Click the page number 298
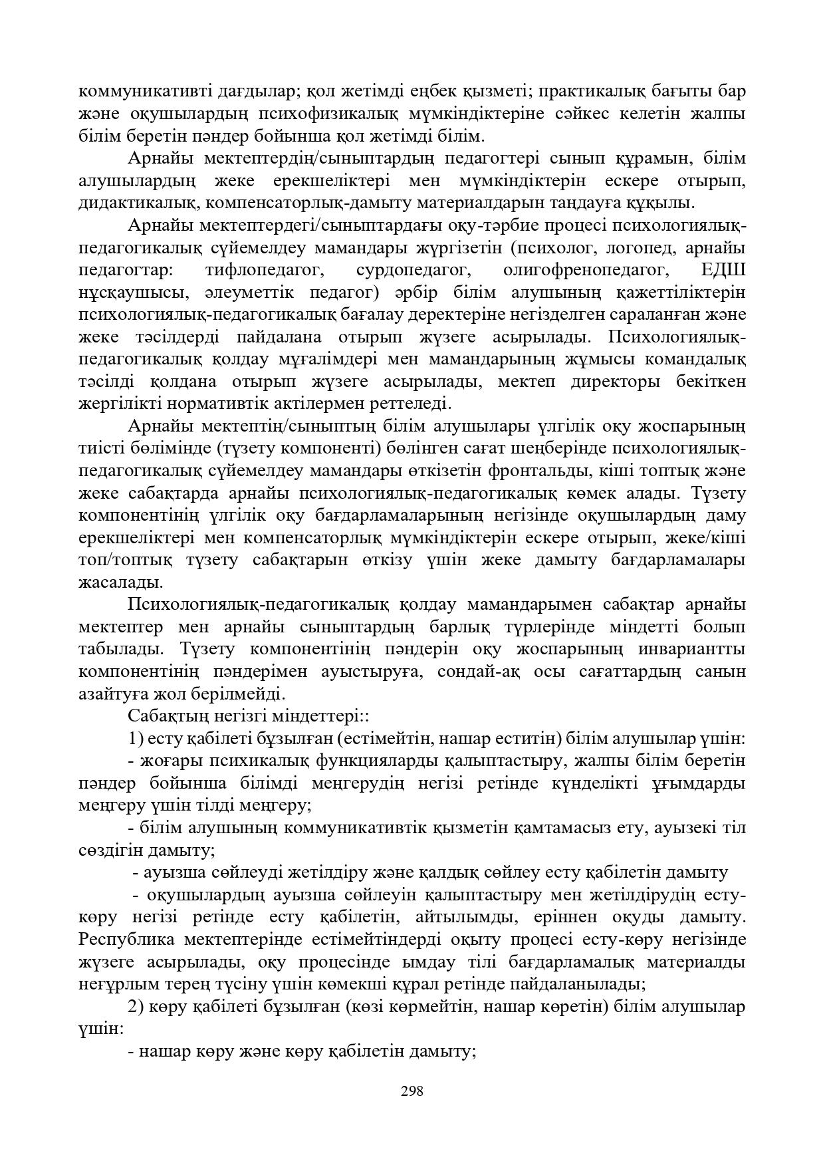coord(412,1091)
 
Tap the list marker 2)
coord(136,1007)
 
